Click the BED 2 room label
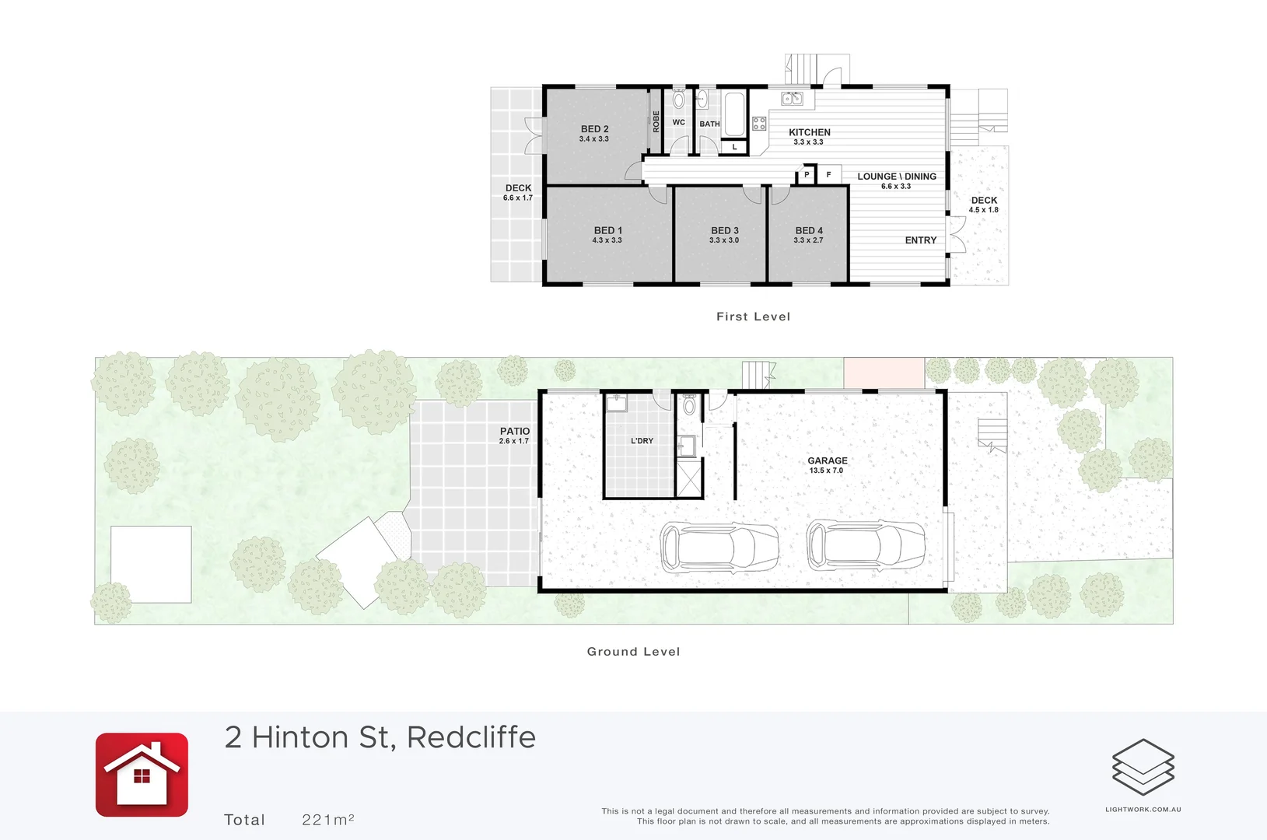tap(594, 129)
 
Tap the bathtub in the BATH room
tap(734, 114)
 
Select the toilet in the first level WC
tap(679, 99)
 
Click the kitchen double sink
tap(792, 99)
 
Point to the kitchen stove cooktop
tap(759, 124)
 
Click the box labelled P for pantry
tap(806, 175)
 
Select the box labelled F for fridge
tap(828, 175)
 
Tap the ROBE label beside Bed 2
tap(656, 121)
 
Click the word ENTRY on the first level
tap(921, 240)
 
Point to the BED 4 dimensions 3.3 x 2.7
tap(808, 240)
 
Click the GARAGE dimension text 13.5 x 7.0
tap(826, 471)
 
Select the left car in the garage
tap(719, 547)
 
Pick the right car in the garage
tap(866, 544)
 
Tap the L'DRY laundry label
tap(642, 441)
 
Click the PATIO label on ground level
tap(515, 431)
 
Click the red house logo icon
tap(142, 775)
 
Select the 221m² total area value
tap(328, 820)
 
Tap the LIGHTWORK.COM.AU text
tap(1143, 810)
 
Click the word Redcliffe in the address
tap(471, 737)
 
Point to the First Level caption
tap(754, 317)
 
